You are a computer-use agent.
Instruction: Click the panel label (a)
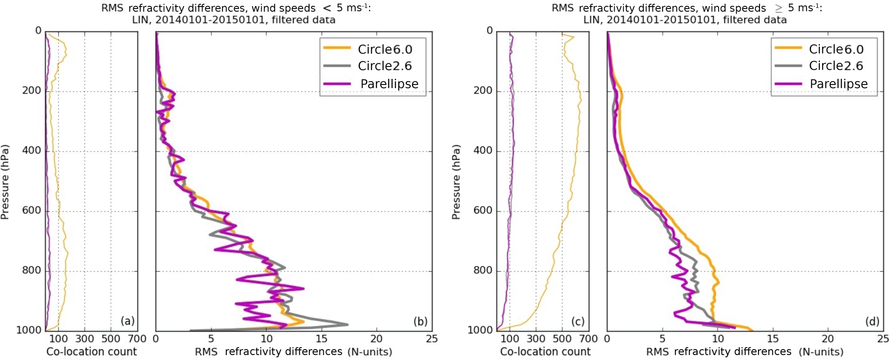[128, 321]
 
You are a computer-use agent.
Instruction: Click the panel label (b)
[420, 321]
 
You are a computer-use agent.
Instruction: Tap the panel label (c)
[578, 321]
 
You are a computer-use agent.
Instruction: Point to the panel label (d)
[872, 321]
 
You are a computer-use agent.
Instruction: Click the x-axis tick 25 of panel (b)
[431, 339]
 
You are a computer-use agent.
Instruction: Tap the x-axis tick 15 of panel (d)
[773, 339]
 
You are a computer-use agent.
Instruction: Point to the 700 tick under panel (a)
[138, 339]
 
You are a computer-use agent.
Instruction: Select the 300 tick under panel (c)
[536, 339]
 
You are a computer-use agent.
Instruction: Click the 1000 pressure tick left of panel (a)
[28, 330]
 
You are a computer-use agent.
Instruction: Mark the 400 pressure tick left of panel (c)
[483, 151]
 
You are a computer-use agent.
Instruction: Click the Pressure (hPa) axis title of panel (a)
[5, 182]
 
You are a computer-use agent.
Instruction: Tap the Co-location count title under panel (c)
[545, 352]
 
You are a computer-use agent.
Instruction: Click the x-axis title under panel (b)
[294, 352]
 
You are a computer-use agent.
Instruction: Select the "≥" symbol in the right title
[778, 9]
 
